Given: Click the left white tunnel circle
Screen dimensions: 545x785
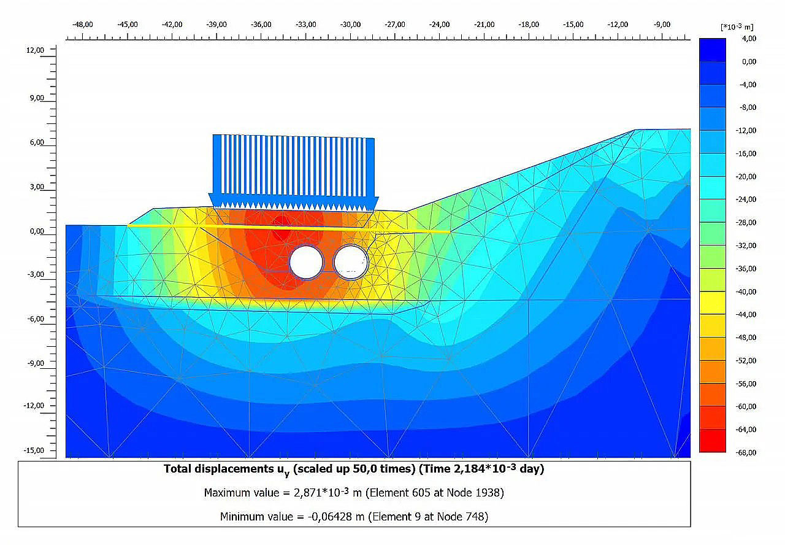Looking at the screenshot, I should click(x=306, y=262).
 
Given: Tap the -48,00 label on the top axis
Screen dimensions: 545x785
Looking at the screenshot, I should click(x=83, y=25).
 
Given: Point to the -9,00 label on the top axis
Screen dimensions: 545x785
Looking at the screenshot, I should click(x=662, y=25).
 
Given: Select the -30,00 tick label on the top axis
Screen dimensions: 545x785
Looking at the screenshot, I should click(x=350, y=25).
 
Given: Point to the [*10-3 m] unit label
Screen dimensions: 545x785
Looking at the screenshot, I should click(x=737, y=27).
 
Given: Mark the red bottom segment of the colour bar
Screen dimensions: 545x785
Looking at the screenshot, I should click(x=712, y=441).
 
